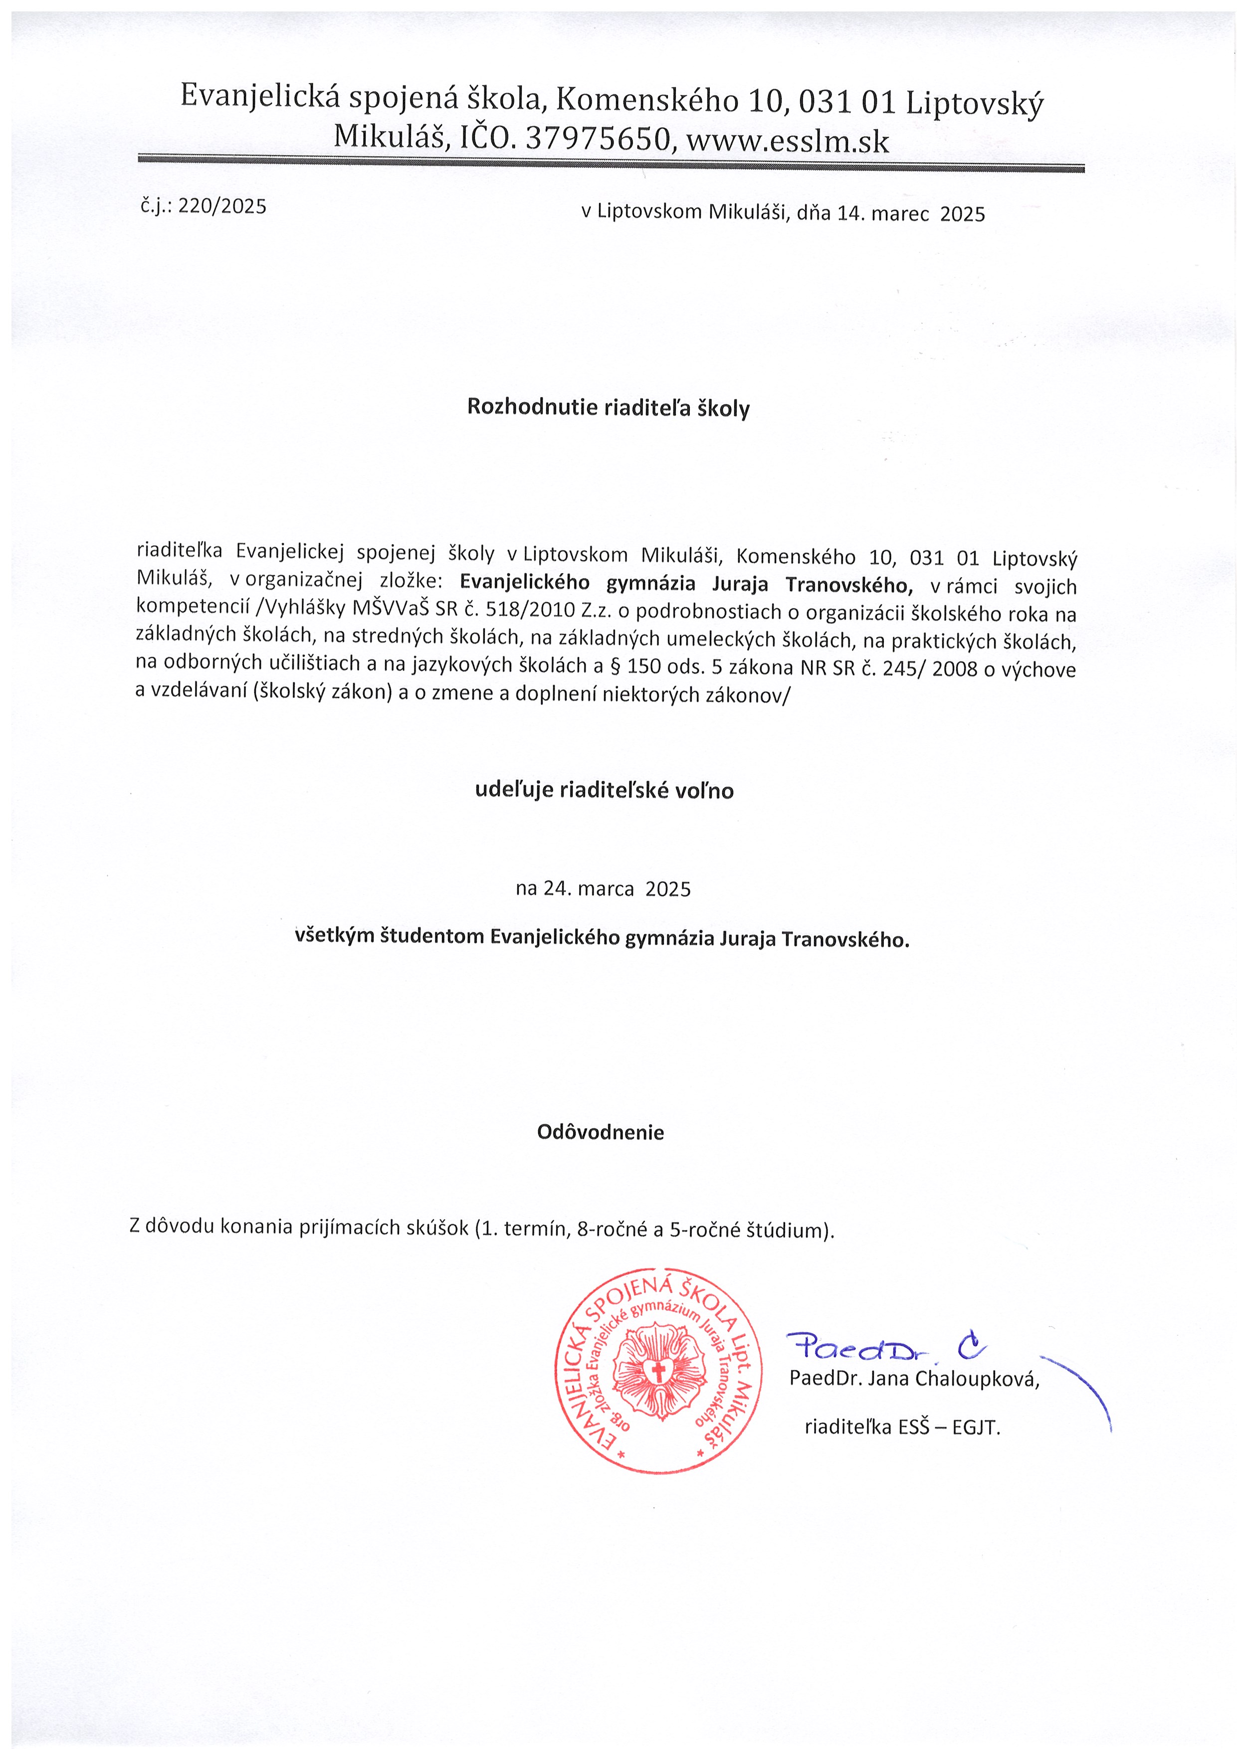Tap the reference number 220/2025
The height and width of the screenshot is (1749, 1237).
[x=222, y=206]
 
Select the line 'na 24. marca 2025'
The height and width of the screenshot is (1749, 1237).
[x=603, y=889]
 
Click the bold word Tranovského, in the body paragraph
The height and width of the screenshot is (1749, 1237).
[x=848, y=584]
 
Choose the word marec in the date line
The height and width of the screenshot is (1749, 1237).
[x=899, y=214]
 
